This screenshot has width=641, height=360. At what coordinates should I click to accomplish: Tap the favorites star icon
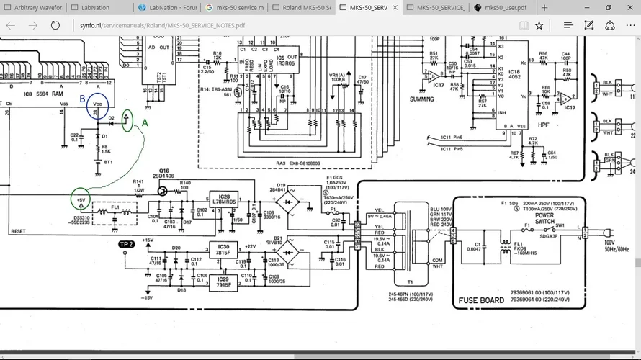pyautogui.click(x=539, y=25)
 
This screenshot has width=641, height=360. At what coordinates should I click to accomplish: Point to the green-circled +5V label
pyautogui.click(x=81, y=199)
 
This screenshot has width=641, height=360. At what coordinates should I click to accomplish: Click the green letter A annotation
pyautogui.click(x=144, y=123)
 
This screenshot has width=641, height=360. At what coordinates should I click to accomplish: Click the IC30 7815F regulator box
pyautogui.click(x=223, y=248)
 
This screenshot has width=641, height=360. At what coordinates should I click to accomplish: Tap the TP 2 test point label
pyautogui.click(x=127, y=244)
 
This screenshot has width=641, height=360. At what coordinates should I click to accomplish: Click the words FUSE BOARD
pyautogui.click(x=481, y=300)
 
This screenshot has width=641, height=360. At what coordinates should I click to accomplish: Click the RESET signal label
pyautogui.click(x=18, y=231)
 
